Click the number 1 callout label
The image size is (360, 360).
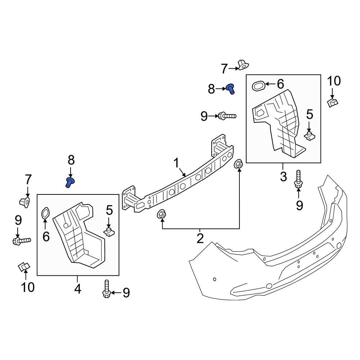click(176, 163)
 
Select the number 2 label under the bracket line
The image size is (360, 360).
click(200, 238)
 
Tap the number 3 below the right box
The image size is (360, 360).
click(283, 176)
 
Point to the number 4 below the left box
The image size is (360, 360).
click(78, 289)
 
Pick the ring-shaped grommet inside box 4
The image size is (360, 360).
click(45, 213)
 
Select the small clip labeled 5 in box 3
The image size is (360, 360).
click(309, 135)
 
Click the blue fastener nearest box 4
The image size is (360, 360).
click(70, 182)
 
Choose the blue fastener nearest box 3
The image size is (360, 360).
click(230, 88)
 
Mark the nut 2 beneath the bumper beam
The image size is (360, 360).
click(161, 215)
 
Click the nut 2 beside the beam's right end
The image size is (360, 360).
click(238, 165)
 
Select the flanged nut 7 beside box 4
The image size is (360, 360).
click(24, 202)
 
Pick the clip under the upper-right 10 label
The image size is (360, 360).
click(333, 103)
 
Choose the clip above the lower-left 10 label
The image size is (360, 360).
click(24, 267)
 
